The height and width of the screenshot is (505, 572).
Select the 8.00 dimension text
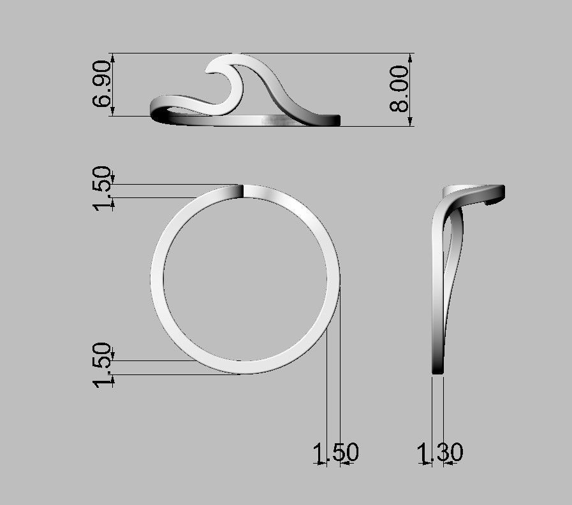pyautogui.click(x=399, y=89)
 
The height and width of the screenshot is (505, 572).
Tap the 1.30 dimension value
pyautogui.click(x=440, y=453)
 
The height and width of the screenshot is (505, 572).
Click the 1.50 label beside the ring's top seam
pyautogui.click(x=103, y=190)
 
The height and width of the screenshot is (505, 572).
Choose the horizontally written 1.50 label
pyautogui.click(x=335, y=453)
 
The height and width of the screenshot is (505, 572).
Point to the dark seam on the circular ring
pyautogui.click(x=243, y=192)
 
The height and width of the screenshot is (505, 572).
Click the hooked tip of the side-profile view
pyautogui.click(x=494, y=200)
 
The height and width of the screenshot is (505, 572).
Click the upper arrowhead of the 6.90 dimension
pyautogui.click(x=114, y=57)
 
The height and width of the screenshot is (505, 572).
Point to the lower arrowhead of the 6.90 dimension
pyautogui.click(x=114, y=112)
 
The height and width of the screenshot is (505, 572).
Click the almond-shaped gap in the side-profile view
pyautogui.click(x=455, y=255)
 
